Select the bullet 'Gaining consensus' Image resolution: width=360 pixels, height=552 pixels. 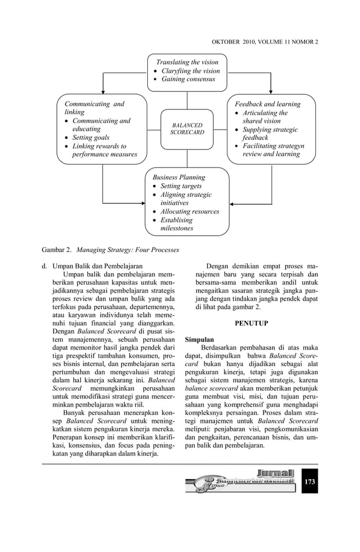[x=188, y=80]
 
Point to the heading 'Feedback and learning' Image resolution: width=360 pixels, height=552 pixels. [x=267, y=104]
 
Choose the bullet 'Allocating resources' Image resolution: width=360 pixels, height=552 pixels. [x=190, y=211]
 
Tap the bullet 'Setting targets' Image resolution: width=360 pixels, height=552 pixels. [x=181, y=186]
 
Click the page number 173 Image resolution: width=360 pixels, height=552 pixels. [x=309, y=482]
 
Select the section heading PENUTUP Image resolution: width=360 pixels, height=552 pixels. [x=251, y=324]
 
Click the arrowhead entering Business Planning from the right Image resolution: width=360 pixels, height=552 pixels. [x=233, y=204]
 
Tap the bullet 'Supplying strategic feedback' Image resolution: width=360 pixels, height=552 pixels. [x=270, y=134]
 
